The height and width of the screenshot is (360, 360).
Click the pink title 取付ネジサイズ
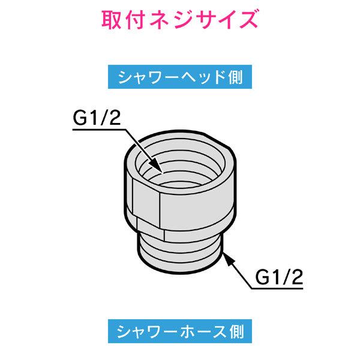pos(179,20)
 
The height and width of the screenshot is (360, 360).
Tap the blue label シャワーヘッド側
pos(180,77)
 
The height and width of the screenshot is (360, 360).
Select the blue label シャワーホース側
pos(180,331)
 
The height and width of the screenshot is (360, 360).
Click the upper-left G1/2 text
pos(97,118)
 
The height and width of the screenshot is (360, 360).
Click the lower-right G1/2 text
pos(279,277)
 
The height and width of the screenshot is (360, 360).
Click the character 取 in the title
pos(112,20)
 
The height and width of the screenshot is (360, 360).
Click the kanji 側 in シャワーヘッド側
pos(236,77)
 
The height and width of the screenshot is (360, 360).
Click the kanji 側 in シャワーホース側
pos(236,331)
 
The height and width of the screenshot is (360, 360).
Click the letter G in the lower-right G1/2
pos(262,277)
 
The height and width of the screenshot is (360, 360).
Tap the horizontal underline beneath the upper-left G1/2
pos(100,130)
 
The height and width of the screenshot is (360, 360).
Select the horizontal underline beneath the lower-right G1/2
pos(277,289)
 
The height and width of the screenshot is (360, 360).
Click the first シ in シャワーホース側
pos(124,332)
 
